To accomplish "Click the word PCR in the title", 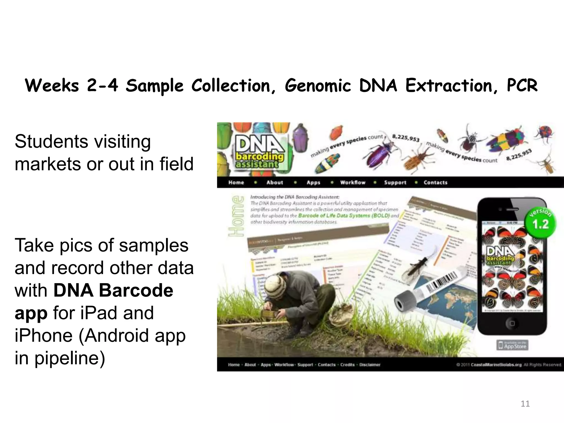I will pyautogui.click(x=522, y=86).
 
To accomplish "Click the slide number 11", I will pyautogui.click(x=525, y=404).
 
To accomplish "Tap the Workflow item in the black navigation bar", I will pyautogui.click(x=353, y=183).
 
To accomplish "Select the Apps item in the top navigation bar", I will pyautogui.click(x=313, y=183).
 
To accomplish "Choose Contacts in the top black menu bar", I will pyautogui.click(x=435, y=183).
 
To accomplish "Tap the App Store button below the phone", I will pyautogui.click(x=513, y=345).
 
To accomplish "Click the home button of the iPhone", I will pyautogui.click(x=512, y=323).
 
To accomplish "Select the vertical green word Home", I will pyautogui.click(x=236, y=216).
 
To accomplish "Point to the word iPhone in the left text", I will pyautogui.click(x=43, y=336).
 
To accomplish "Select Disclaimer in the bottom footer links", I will pyautogui.click(x=370, y=365).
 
